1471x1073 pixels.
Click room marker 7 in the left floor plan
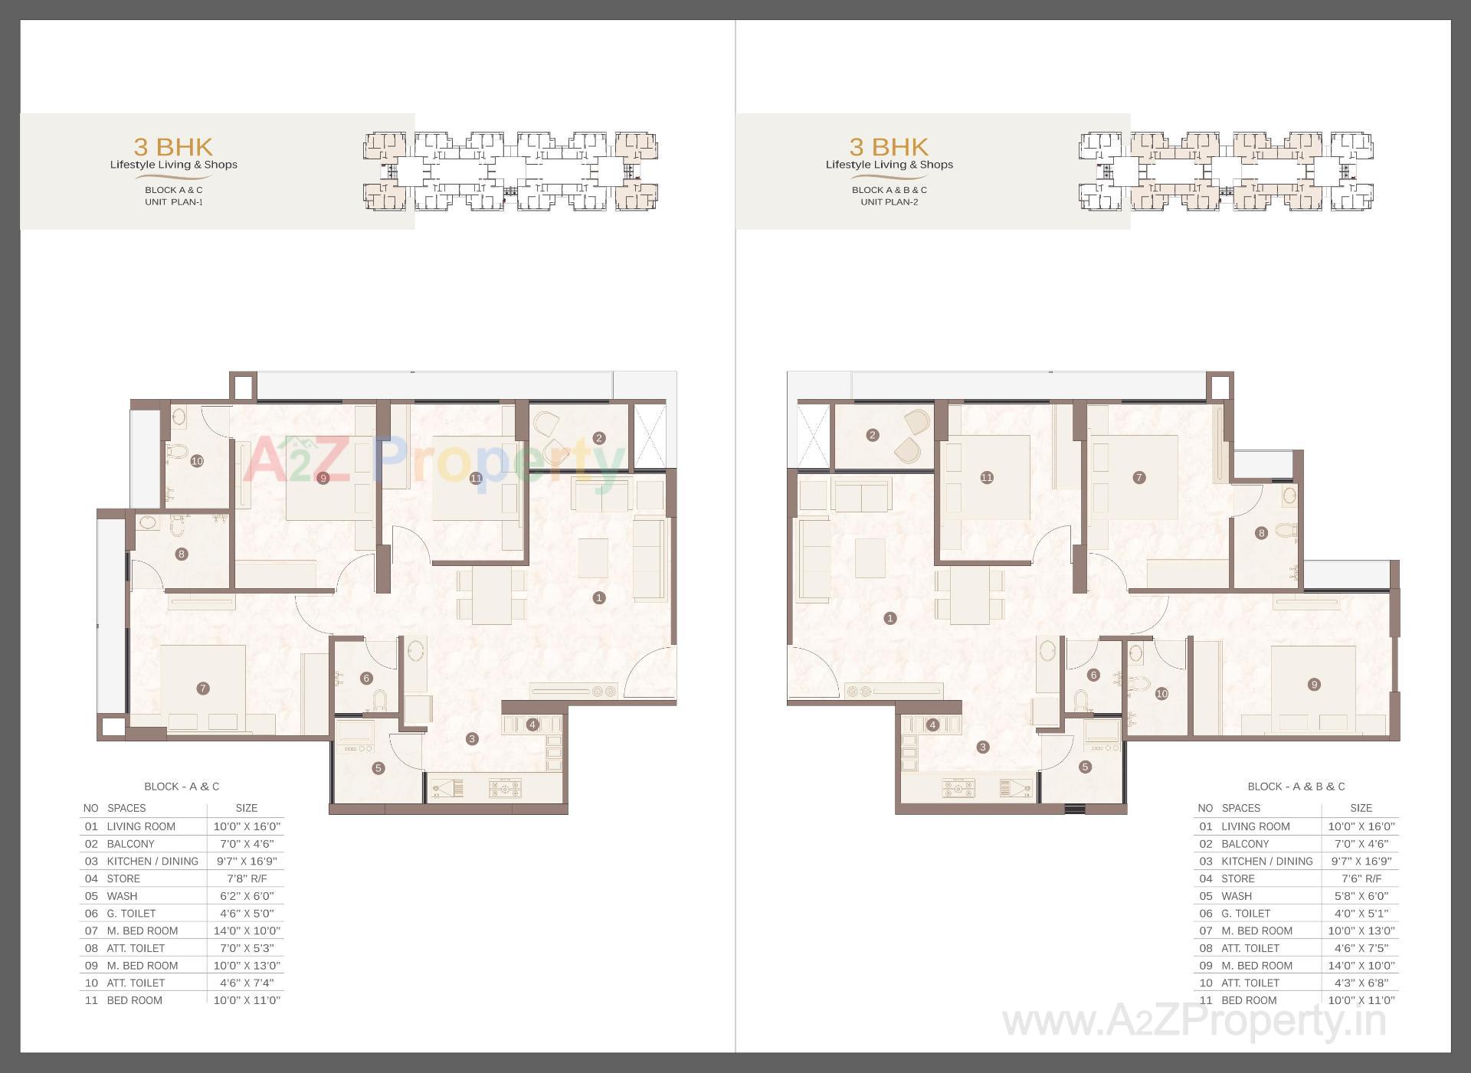click(203, 689)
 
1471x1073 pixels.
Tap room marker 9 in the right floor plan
click(1314, 685)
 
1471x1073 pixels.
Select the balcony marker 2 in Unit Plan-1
click(599, 438)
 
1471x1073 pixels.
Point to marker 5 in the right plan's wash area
click(1085, 767)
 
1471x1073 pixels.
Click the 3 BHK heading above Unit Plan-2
click(889, 146)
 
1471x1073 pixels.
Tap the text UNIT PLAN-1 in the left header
click(174, 202)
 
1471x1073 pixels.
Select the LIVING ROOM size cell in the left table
click(247, 826)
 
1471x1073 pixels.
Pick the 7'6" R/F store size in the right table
click(1361, 878)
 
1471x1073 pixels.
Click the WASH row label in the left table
click(123, 896)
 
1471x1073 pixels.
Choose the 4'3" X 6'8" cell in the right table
click(1361, 983)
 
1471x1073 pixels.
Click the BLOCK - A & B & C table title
click(1296, 787)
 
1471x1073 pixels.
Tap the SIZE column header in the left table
click(247, 808)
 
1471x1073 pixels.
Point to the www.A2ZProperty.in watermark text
click(1194, 1022)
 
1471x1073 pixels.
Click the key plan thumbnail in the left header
click(510, 171)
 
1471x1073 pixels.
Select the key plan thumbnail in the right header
click(1226, 171)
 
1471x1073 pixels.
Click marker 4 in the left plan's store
click(532, 725)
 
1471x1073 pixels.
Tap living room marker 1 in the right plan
click(889, 618)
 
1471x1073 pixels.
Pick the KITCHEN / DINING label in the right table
click(1267, 862)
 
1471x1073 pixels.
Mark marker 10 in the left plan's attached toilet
click(197, 461)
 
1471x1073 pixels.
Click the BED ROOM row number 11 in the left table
click(92, 1000)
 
